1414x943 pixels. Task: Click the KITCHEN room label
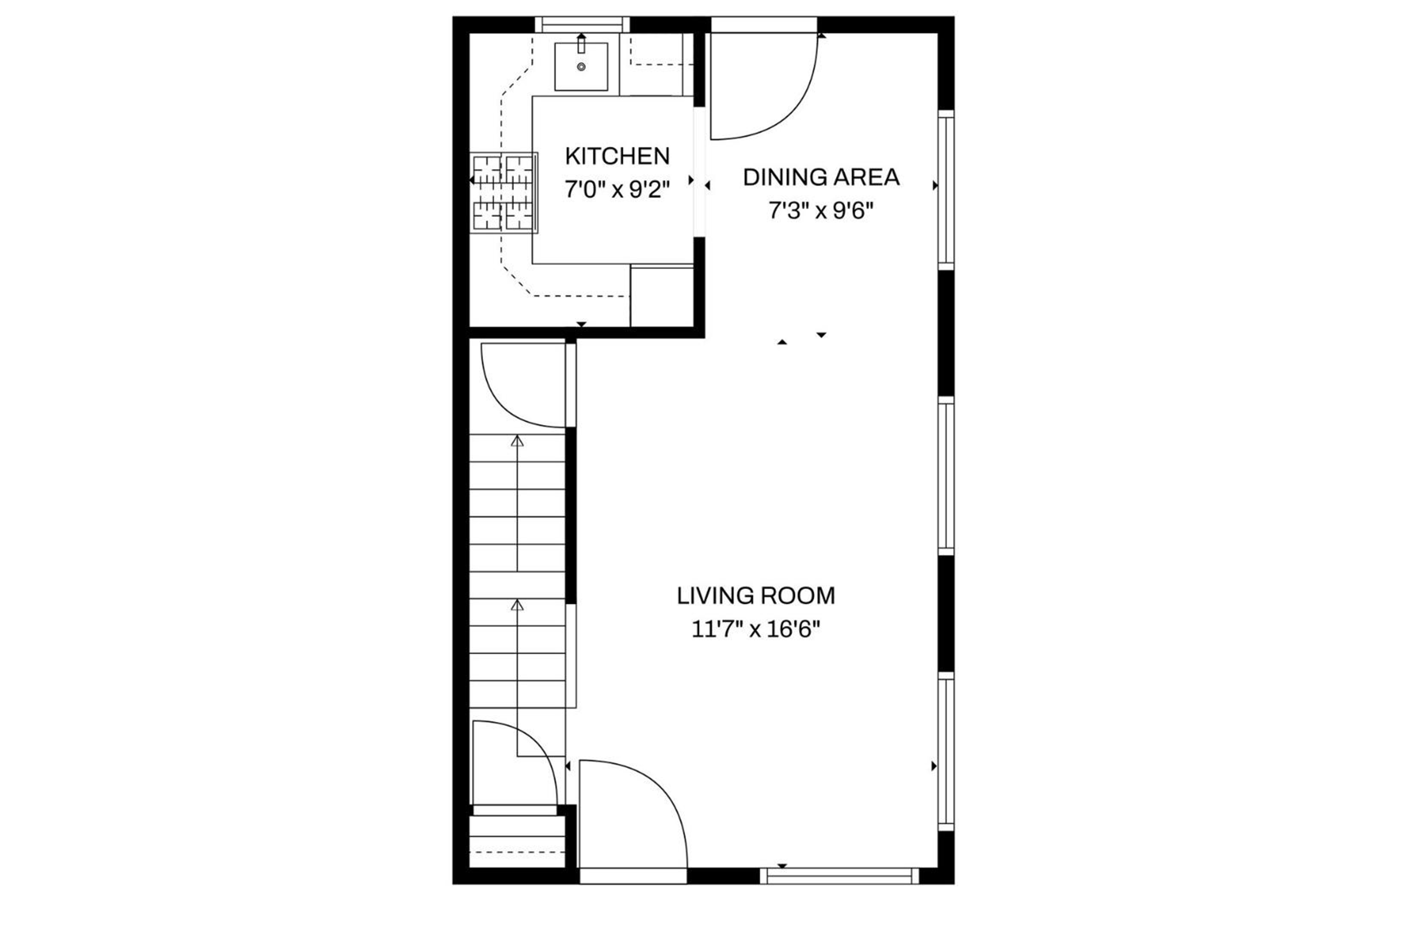(x=617, y=156)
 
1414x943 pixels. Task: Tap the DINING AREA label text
(x=821, y=178)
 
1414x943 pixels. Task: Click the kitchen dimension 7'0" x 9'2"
(x=617, y=190)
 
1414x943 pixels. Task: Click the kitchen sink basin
(x=581, y=67)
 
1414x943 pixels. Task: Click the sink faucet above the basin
(x=581, y=43)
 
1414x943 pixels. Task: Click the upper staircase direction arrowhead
(x=517, y=441)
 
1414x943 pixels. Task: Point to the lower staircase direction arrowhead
(x=517, y=605)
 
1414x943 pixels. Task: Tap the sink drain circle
(x=581, y=67)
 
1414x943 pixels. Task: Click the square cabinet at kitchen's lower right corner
(x=661, y=296)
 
